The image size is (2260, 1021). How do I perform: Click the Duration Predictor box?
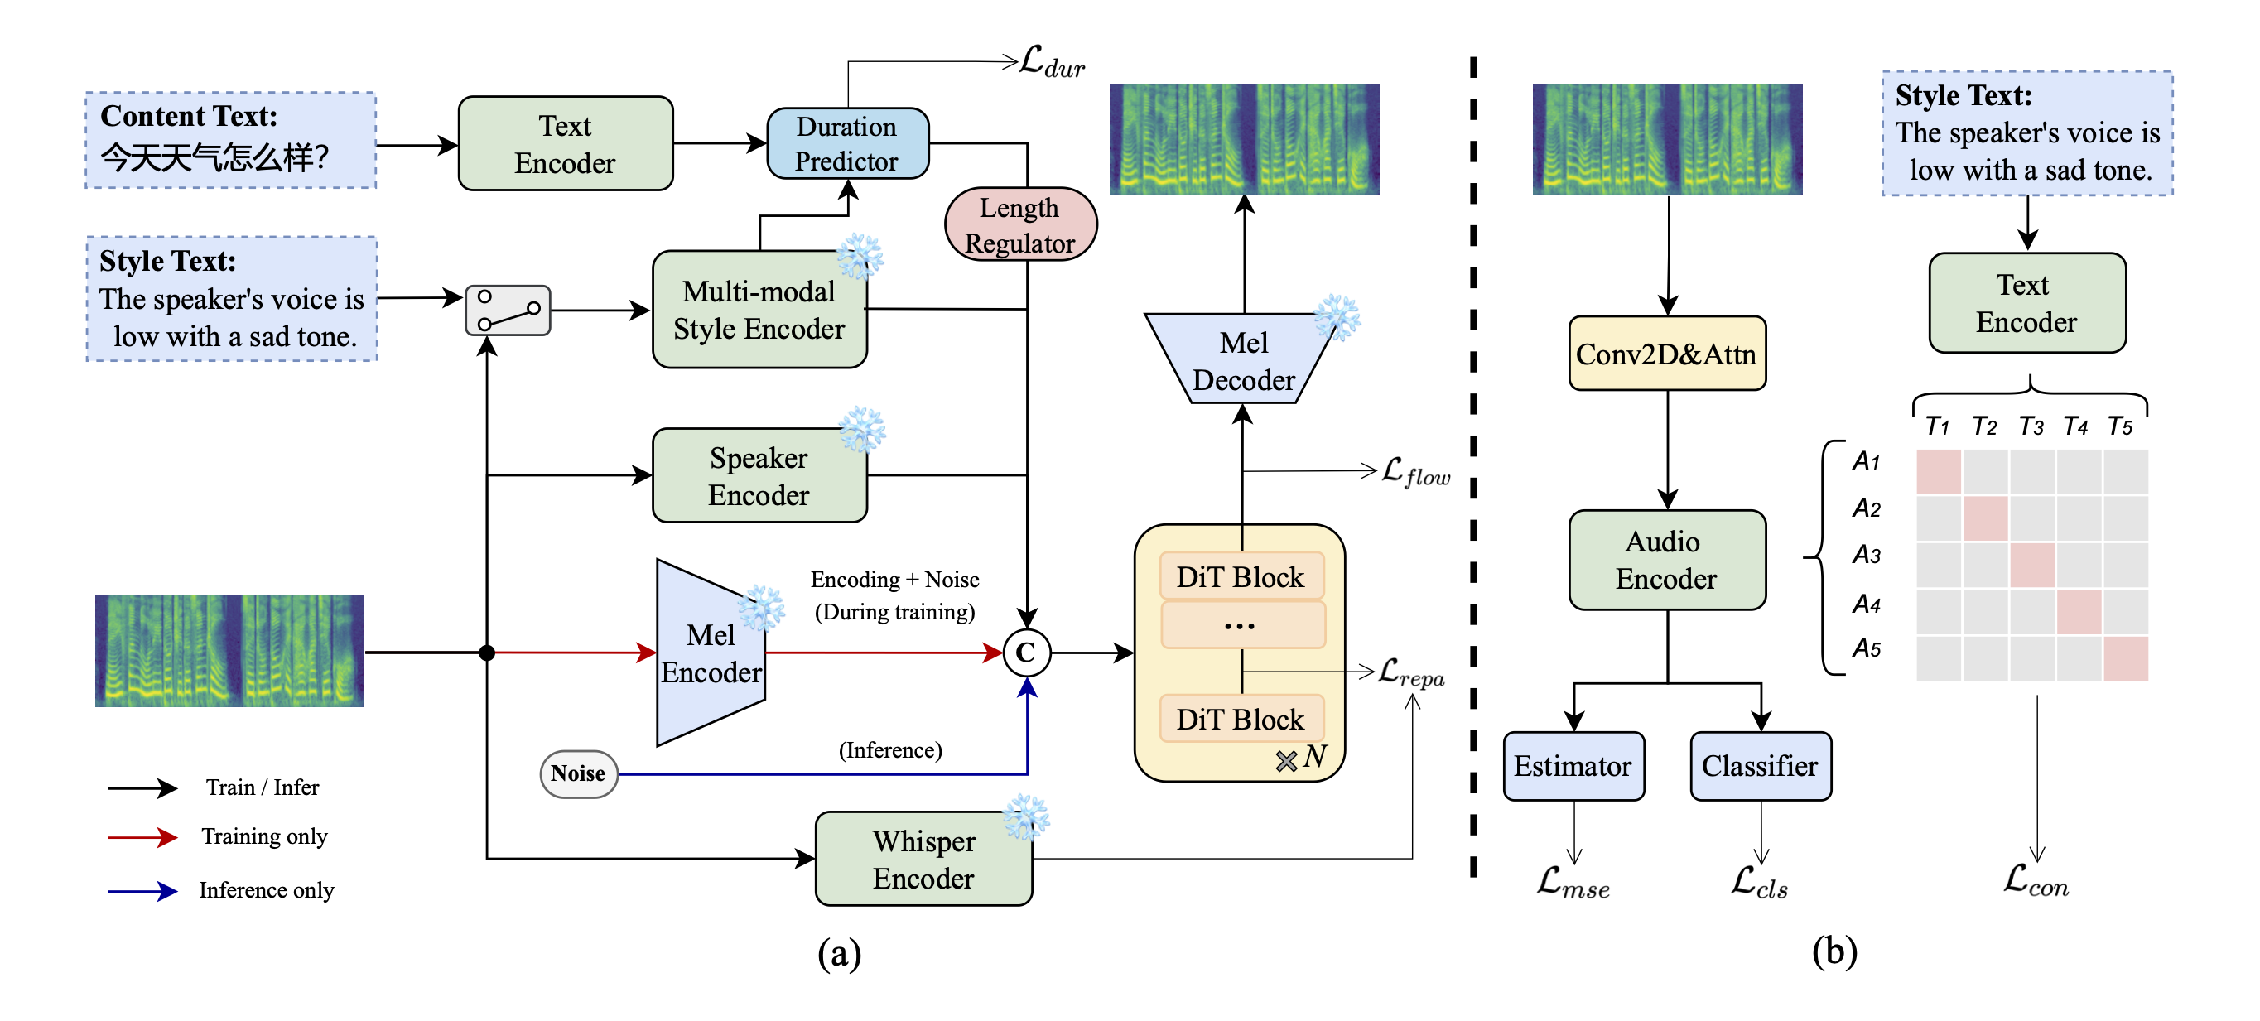point(846,144)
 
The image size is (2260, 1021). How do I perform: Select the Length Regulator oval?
point(1019,224)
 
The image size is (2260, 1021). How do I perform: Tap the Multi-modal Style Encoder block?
point(759,310)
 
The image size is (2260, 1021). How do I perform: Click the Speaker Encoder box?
point(759,476)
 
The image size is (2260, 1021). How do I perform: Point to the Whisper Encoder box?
point(923,859)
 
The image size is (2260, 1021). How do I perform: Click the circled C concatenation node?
point(1025,653)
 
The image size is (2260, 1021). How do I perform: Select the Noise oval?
point(578,773)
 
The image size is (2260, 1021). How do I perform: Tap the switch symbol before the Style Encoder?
point(507,311)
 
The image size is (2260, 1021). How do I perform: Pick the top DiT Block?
point(1241,577)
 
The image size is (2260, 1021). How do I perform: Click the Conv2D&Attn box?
point(1666,354)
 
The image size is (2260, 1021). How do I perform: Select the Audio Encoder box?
point(1666,561)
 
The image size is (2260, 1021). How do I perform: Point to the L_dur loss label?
point(1052,63)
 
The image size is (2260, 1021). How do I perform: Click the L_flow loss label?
point(1415,472)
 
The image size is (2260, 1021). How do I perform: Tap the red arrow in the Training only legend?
point(142,838)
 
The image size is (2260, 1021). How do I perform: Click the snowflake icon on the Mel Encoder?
point(759,608)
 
